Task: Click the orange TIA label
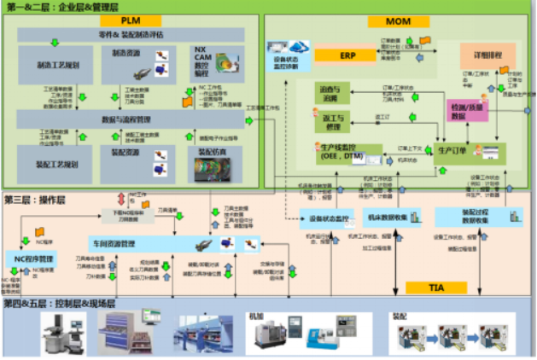click(x=435, y=288)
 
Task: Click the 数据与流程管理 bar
click(x=125, y=119)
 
